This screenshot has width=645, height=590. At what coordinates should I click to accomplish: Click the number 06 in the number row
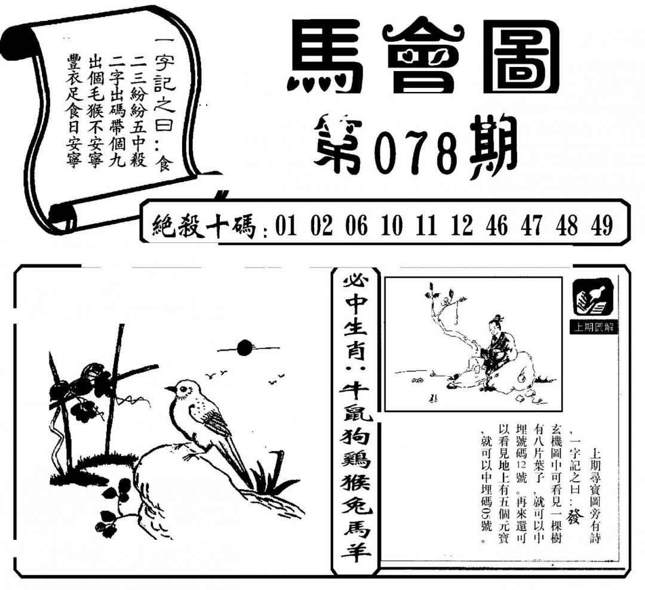(x=356, y=226)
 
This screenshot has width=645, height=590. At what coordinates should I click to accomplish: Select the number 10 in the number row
(x=392, y=226)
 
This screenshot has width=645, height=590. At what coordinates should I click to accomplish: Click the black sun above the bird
(x=244, y=348)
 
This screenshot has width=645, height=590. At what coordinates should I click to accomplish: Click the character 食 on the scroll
(x=165, y=162)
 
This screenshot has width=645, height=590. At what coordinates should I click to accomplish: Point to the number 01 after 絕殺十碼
(x=286, y=226)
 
